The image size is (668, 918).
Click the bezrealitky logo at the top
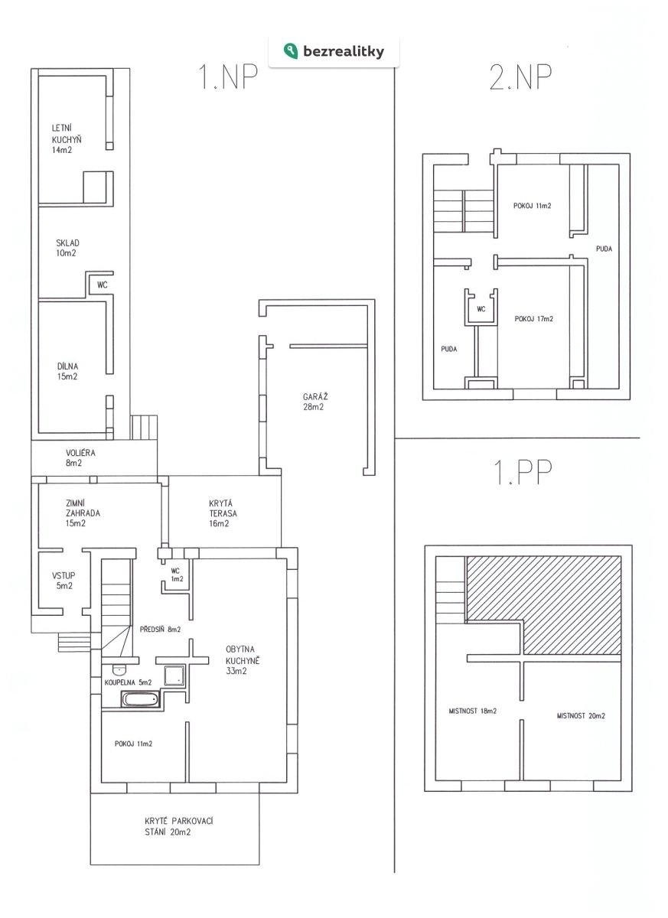(334, 51)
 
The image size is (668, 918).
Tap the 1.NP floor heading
(228, 76)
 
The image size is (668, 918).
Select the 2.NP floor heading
(520, 76)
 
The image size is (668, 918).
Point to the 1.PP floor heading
(523, 472)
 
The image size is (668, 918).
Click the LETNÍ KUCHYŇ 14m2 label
(67, 139)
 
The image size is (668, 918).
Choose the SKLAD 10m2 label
(67, 248)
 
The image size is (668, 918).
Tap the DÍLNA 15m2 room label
(67, 371)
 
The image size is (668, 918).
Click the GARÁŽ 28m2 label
(315, 401)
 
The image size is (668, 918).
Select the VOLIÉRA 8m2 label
(80, 457)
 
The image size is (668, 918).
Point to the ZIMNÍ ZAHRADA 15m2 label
(83, 513)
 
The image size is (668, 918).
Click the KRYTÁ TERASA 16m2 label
(223, 513)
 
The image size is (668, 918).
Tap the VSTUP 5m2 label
(64, 581)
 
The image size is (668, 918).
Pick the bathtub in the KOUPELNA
(140, 698)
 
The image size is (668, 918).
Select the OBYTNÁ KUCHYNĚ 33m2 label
(243, 660)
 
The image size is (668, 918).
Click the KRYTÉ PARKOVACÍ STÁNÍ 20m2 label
(179, 827)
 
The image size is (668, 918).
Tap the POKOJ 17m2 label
(533, 319)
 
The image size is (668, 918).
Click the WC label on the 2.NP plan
(481, 309)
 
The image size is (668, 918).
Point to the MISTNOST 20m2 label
(581, 715)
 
